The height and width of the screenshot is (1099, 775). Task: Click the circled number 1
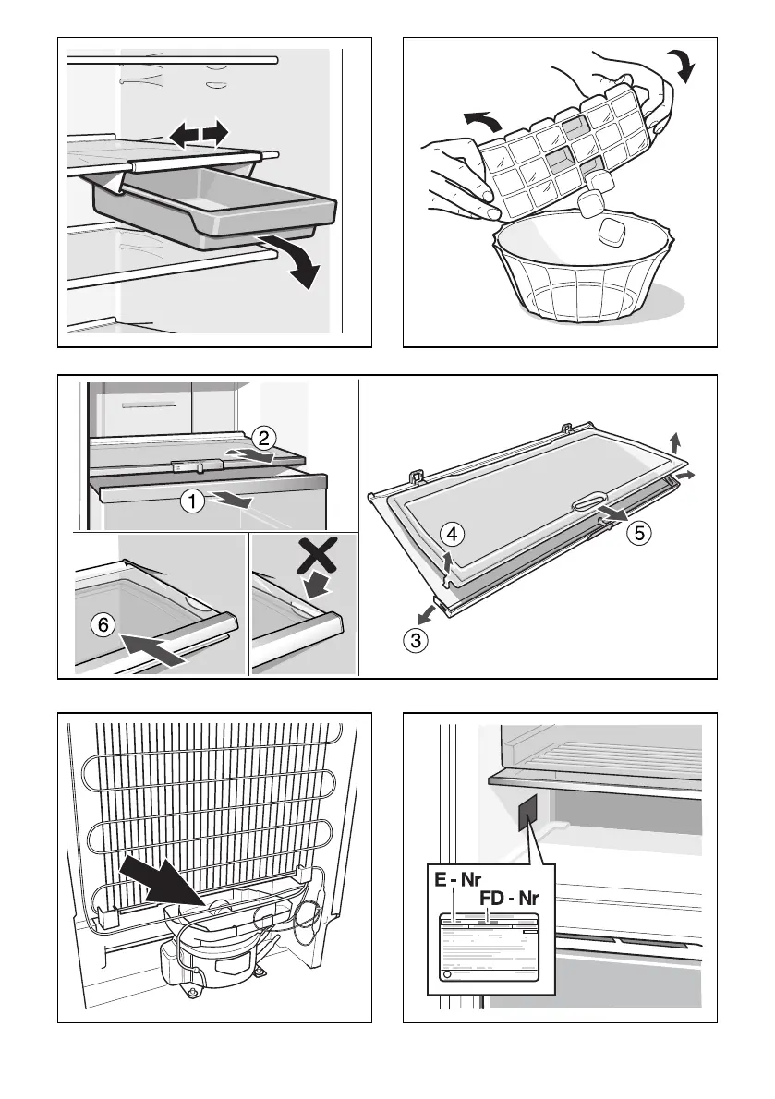tap(190, 502)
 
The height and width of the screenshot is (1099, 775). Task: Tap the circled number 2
tap(262, 437)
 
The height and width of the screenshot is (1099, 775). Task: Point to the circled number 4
tap(451, 533)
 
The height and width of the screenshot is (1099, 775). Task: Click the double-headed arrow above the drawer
tap(199, 135)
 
